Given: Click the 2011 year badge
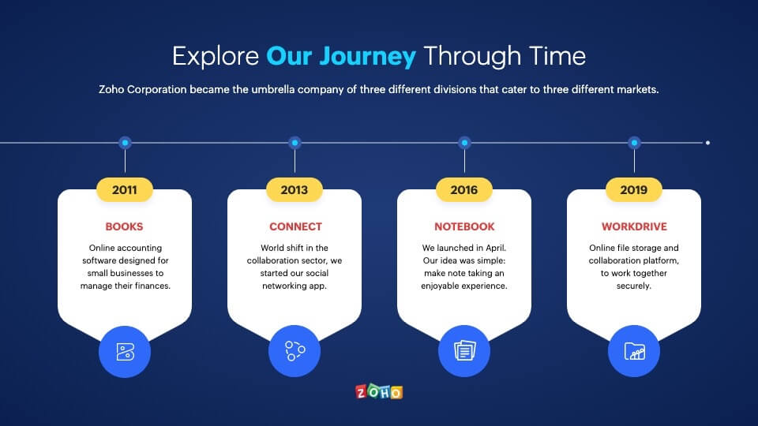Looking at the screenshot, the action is (x=125, y=190).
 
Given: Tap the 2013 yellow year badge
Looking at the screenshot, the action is (x=295, y=190).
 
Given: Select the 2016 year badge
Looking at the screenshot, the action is (x=464, y=190).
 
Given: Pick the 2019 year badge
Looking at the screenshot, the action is (x=634, y=190).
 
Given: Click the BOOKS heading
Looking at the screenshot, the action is (x=124, y=226).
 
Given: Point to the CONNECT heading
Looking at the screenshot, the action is (x=295, y=226).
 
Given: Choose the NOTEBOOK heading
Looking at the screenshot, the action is (x=464, y=226).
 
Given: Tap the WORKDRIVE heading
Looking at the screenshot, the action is (x=634, y=226).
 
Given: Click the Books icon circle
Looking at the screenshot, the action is (x=125, y=352).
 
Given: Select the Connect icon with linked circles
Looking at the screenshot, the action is (x=295, y=351).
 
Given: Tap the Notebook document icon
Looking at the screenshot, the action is (x=464, y=351).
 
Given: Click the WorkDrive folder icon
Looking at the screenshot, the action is (x=634, y=351).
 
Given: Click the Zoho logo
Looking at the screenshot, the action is (x=379, y=392).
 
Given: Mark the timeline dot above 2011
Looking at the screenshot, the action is (x=125, y=143).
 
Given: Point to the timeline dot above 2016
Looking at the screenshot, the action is (x=464, y=143).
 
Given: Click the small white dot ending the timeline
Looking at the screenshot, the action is (x=707, y=143).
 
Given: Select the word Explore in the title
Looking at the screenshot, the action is (x=216, y=57).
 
